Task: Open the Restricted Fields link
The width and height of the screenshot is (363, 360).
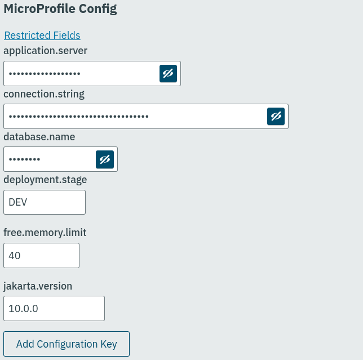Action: coord(42,35)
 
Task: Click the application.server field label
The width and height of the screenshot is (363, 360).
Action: coord(46,51)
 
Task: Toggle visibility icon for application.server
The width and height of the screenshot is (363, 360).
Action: coord(168,74)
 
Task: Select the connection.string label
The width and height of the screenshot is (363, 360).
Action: coord(44,94)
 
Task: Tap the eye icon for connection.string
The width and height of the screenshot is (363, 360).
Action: coord(276,117)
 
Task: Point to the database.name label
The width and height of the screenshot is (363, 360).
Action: coord(39,137)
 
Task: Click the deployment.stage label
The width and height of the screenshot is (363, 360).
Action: coord(45,180)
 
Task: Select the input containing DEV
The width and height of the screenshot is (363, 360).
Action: coord(45,202)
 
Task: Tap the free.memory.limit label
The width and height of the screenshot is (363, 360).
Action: coord(45,233)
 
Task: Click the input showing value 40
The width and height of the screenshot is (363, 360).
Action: coord(41,256)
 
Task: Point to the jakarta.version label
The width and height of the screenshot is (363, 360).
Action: coord(38,286)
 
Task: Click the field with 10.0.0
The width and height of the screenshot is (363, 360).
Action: coord(54,309)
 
